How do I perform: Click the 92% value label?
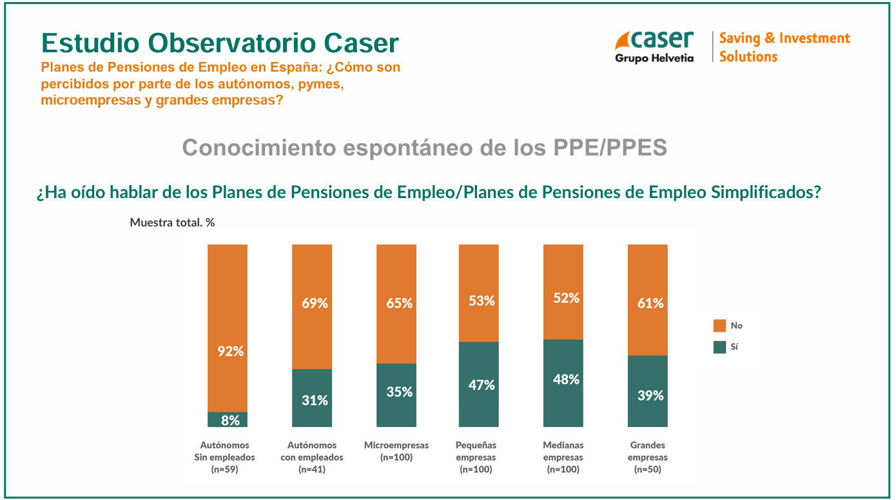pos(230,352)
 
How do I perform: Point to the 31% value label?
pos(315,400)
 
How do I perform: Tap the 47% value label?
pos(482,385)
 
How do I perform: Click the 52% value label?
pos(566,298)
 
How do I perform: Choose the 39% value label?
pos(650,395)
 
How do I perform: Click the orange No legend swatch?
pos(720,325)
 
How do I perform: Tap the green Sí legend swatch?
pos(720,347)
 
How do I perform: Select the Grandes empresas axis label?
pos(648,457)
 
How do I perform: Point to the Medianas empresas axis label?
pos(563,457)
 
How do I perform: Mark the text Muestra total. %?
pos(172,223)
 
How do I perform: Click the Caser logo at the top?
pos(654,46)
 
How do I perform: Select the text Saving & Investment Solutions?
pos(784,47)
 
